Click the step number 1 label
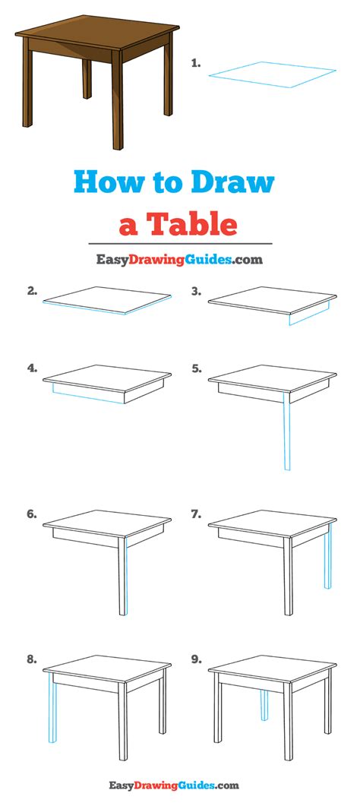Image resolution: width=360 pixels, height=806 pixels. click(x=195, y=64)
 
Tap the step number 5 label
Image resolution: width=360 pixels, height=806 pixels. click(x=196, y=368)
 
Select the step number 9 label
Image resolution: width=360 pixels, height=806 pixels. click(x=196, y=659)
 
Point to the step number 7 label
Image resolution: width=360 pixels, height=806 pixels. click(x=196, y=514)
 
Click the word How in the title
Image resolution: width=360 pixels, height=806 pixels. click(x=107, y=182)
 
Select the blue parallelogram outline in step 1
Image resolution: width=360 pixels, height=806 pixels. click(x=272, y=74)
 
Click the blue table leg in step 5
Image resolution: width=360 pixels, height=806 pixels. click(x=287, y=431)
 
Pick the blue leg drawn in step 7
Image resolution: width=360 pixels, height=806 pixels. click(x=328, y=556)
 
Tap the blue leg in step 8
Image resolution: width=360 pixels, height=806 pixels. click(x=52, y=707)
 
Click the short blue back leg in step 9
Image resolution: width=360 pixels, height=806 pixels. click(x=264, y=705)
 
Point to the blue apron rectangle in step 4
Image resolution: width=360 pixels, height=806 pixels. click(x=88, y=393)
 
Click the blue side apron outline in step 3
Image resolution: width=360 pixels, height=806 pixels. click(x=309, y=314)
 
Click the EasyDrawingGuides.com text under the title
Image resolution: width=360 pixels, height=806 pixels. click(x=179, y=260)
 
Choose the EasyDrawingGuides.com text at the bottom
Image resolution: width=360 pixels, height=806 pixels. click(x=174, y=785)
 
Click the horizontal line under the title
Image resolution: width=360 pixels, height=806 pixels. click(x=180, y=244)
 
